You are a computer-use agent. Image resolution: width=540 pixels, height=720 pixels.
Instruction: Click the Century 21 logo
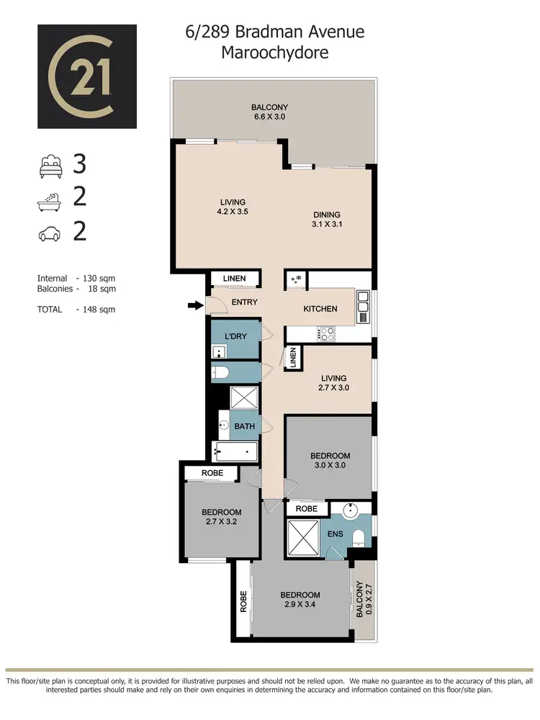pyautogui.click(x=87, y=76)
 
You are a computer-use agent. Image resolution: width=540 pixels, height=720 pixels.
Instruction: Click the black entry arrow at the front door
pyautogui.click(x=195, y=306)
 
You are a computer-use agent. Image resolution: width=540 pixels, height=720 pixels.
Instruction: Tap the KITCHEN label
pyautogui.click(x=320, y=309)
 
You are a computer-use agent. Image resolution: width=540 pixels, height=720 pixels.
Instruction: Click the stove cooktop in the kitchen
pyautogui.click(x=325, y=334)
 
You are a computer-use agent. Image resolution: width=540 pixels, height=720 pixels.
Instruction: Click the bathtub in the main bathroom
pyautogui.click(x=235, y=452)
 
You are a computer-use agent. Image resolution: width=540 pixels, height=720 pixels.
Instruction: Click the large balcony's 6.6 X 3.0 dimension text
pyautogui.click(x=270, y=117)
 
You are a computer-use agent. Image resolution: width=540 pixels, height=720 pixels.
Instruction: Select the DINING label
pyautogui.click(x=326, y=215)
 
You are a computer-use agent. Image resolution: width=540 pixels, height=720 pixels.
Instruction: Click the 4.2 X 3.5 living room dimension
pyautogui.click(x=233, y=212)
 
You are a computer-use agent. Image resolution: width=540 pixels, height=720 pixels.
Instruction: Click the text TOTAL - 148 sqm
pyautogui.click(x=76, y=310)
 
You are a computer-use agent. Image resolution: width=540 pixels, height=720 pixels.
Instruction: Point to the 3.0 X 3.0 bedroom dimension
pyautogui.click(x=330, y=465)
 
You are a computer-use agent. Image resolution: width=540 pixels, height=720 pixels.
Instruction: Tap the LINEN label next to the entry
pyautogui.click(x=235, y=279)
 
